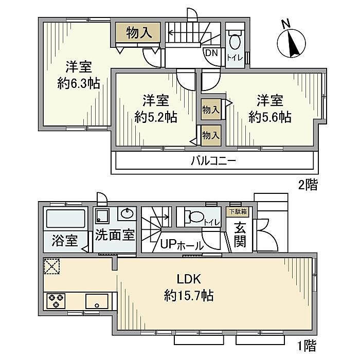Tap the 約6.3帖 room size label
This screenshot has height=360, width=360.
point(79,83)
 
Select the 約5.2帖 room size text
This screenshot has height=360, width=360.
point(156,117)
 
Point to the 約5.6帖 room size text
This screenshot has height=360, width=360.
point(270,117)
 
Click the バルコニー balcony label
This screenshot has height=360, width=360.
point(213,160)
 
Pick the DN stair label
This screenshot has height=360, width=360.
point(211,53)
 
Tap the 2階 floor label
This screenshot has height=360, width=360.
point(308,185)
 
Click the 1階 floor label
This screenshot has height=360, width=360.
point(307,346)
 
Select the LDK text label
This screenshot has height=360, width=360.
point(189,279)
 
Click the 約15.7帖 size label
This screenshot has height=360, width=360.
point(189,296)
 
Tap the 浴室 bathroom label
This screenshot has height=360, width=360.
point(65,241)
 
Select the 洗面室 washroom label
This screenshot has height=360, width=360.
point(115,235)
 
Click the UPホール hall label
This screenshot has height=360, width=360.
point(182,245)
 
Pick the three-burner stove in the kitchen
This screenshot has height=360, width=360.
point(56,301)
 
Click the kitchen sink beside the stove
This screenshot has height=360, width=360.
point(97,301)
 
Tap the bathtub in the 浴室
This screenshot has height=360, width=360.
point(66,219)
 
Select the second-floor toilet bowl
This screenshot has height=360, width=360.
point(235,41)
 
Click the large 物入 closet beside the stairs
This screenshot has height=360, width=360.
point(137,32)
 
